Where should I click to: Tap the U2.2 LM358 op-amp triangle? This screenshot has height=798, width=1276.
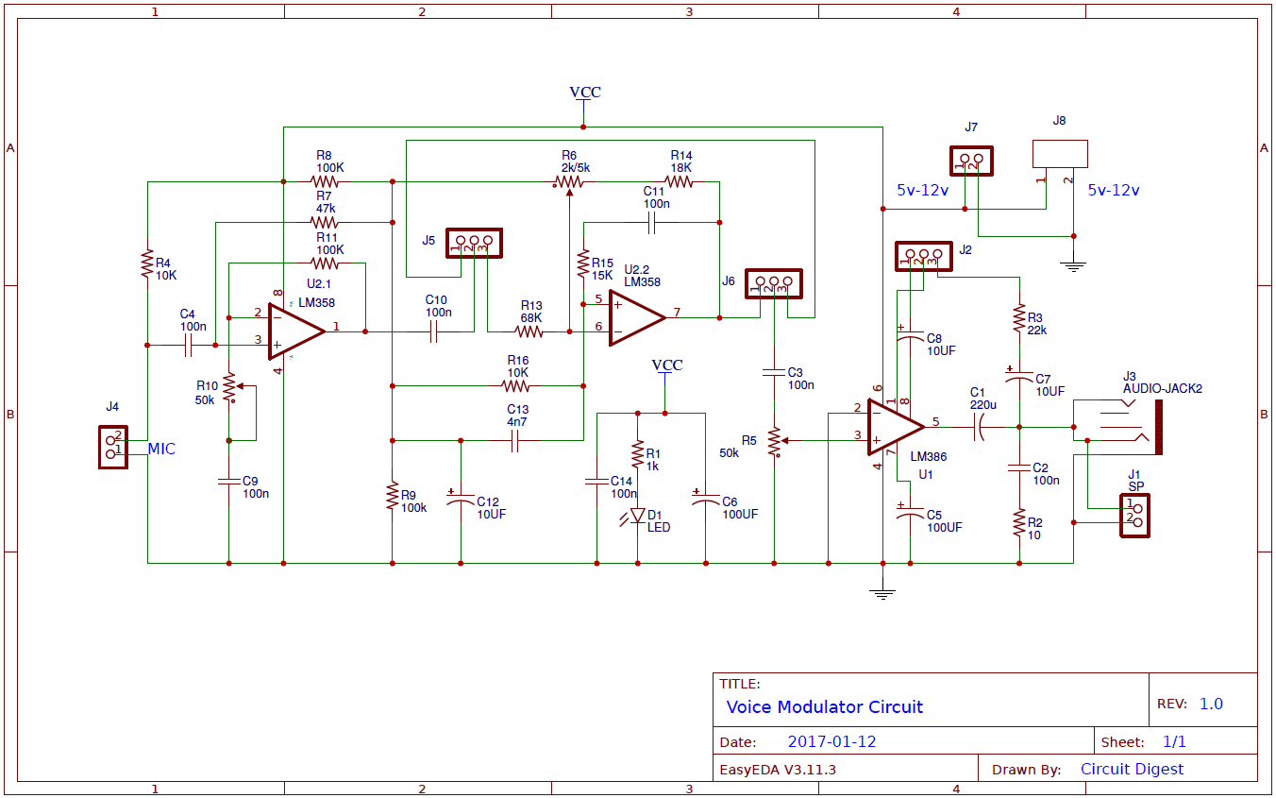click(x=635, y=317)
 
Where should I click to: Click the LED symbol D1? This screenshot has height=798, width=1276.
click(x=638, y=516)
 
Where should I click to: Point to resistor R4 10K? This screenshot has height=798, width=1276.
click(x=147, y=263)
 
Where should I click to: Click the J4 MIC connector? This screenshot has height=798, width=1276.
click(x=112, y=447)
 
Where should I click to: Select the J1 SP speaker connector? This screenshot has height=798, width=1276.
click(x=1134, y=516)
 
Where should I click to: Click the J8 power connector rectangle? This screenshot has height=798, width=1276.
click(x=1060, y=154)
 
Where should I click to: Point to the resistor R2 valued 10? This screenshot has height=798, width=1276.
click(x=1019, y=522)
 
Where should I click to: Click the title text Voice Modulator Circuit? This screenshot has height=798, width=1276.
click(x=824, y=706)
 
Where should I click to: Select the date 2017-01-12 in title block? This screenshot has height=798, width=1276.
click(x=831, y=741)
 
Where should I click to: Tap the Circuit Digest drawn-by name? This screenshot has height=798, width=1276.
click(x=1132, y=769)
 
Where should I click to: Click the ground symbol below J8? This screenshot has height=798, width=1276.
click(x=1072, y=265)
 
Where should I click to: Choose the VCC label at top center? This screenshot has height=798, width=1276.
click(x=585, y=93)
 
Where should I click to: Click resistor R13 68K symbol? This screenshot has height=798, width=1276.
click(x=530, y=331)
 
